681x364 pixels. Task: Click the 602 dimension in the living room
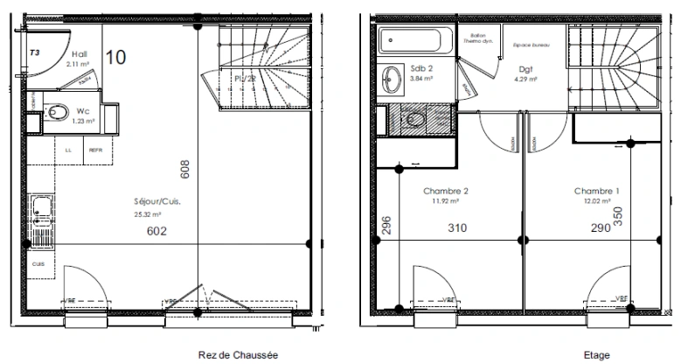155,231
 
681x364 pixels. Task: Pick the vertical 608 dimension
184,169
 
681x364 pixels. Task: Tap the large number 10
115,58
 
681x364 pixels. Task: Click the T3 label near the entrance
35,52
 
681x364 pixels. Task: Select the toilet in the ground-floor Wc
58,111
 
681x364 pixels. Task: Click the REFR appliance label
94,150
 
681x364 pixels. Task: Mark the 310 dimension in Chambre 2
457,228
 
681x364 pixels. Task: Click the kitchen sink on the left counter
40,211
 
